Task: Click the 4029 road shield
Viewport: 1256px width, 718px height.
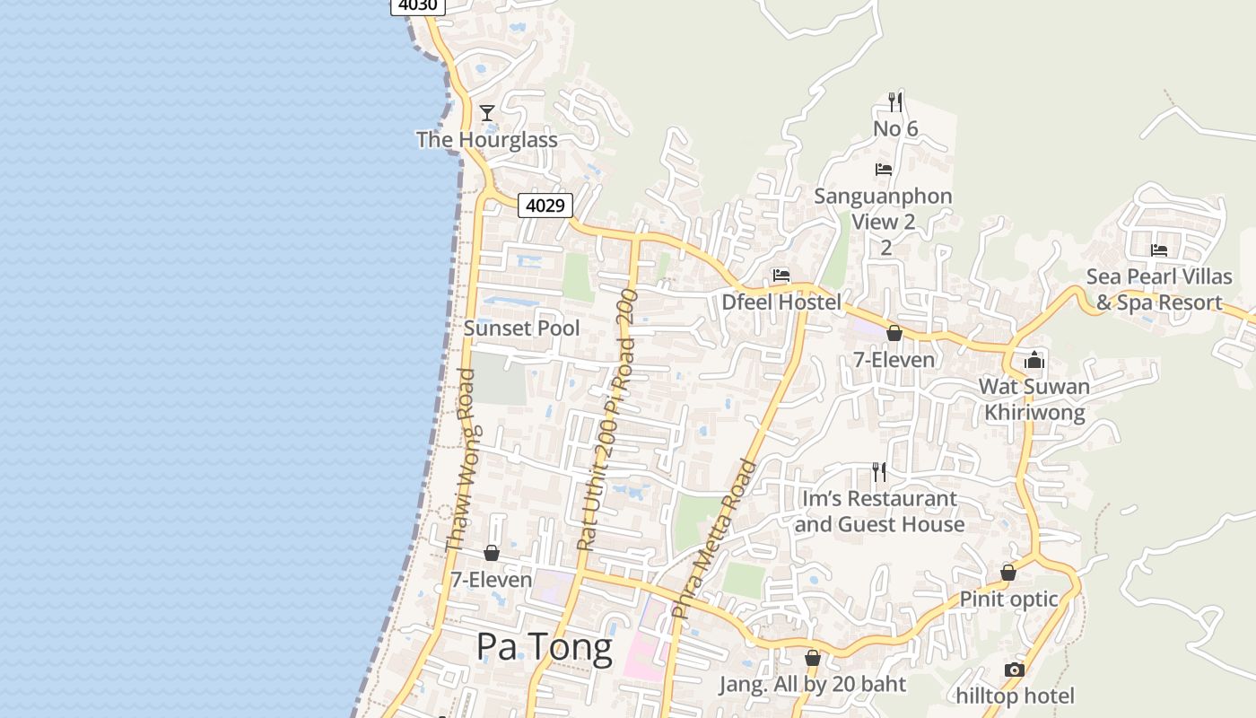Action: [545, 206]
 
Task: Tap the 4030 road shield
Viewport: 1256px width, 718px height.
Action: [417, 5]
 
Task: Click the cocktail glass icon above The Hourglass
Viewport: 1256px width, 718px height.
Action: [487, 112]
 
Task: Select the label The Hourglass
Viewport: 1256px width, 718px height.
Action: [486, 140]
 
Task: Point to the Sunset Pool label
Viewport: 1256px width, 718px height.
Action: [521, 328]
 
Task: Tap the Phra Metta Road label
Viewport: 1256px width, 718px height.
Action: [714, 538]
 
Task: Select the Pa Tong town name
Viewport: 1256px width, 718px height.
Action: [545, 646]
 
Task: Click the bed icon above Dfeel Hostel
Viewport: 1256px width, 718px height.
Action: [781, 276]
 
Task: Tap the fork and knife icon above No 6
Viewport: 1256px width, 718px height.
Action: [894, 101]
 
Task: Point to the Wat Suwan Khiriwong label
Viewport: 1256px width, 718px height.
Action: [1034, 399]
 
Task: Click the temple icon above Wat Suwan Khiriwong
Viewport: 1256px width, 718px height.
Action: [1034, 360]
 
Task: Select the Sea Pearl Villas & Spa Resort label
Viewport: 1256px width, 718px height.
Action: [1159, 289]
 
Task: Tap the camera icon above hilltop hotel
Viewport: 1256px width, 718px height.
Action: [1015, 670]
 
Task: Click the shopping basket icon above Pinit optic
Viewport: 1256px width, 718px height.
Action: [1008, 572]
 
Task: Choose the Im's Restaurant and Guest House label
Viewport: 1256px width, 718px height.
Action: [879, 511]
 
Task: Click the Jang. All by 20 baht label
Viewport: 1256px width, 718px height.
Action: [812, 684]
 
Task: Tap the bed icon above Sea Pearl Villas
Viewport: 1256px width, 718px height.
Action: [1159, 250]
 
